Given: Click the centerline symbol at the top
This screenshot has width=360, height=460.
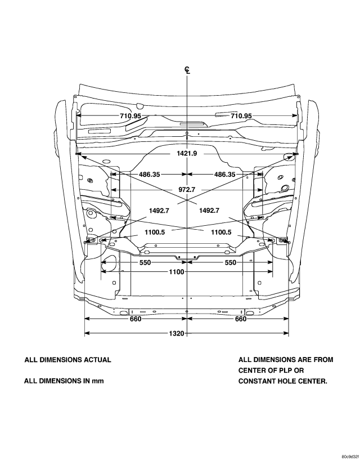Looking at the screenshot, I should click(x=187, y=70).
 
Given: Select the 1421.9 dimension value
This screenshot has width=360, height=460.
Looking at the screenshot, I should click(x=187, y=153).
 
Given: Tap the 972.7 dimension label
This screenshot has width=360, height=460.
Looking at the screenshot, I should click(x=187, y=190).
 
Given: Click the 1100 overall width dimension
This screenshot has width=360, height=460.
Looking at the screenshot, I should click(x=177, y=273).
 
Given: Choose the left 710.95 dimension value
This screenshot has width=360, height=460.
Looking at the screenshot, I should click(x=130, y=116).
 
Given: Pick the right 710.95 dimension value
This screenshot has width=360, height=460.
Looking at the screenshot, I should click(x=241, y=116).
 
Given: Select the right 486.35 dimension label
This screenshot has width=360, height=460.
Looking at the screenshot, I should click(x=225, y=175).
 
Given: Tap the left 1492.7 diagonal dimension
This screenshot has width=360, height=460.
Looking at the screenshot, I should click(x=160, y=211).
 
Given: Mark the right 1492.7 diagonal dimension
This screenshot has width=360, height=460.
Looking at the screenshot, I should click(x=209, y=211).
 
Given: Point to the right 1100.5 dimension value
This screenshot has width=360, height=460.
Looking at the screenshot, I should click(x=221, y=232).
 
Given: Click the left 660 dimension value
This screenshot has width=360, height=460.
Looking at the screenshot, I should click(x=135, y=319).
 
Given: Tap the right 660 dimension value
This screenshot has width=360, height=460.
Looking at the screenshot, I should click(x=240, y=319).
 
